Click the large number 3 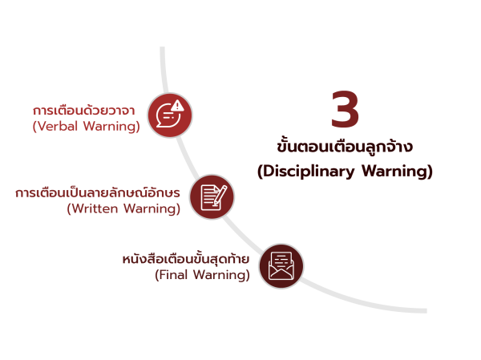345,111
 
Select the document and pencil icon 212,196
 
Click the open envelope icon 281,265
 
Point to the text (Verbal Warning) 87,127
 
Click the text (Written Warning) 123,209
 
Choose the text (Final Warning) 202,275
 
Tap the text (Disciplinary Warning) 345,172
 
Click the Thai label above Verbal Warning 84,110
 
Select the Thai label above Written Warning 98,193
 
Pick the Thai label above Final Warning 186,260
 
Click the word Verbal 58,127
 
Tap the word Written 95,209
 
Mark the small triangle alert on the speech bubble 177,105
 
